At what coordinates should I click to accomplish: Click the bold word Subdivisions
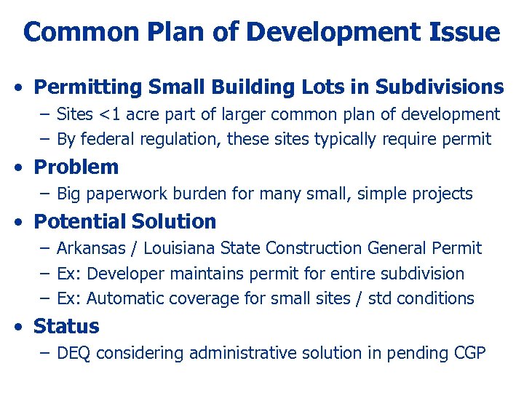pyautogui.click(x=440, y=87)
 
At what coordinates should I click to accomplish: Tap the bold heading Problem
pyautogui.click(x=76, y=167)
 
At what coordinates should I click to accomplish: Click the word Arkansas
pyautogui.click(x=92, y=248)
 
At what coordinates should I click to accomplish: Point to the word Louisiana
pyautogui.click(x=178, y=248)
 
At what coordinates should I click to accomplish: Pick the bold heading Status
pyautogui.click(x=66, y=326)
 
